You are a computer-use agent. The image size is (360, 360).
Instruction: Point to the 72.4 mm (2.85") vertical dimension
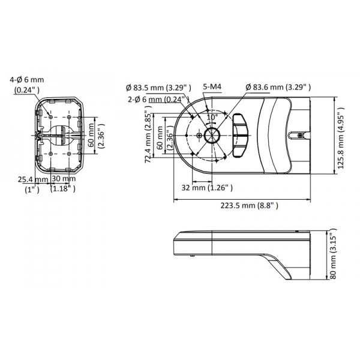148,137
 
